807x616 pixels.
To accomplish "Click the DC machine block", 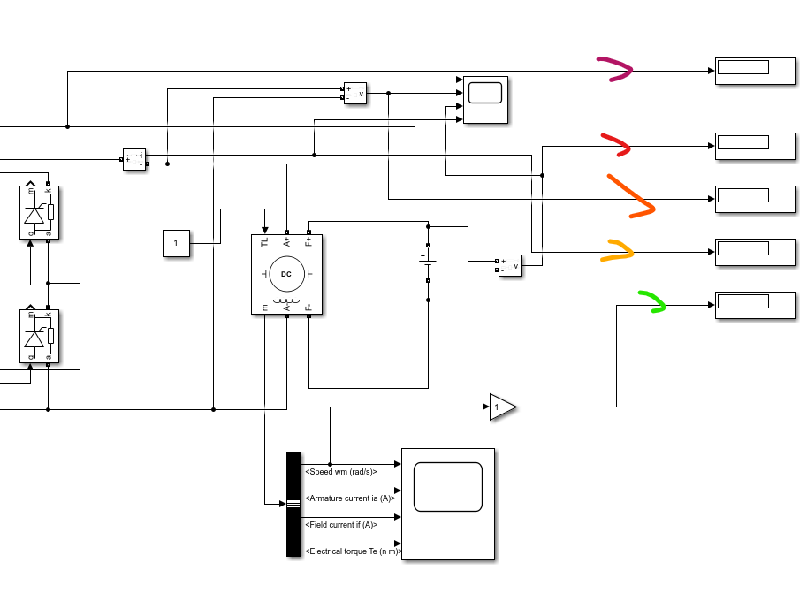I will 286,274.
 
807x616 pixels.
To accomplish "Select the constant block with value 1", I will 176,243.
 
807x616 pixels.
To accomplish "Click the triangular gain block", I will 501,407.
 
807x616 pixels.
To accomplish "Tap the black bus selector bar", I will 293,504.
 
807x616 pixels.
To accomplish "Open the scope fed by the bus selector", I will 447,504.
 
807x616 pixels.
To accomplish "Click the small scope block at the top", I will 485,99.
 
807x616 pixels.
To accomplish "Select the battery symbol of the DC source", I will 428,262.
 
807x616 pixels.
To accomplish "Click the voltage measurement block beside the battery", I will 510,265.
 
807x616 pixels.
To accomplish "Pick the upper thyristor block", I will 39,212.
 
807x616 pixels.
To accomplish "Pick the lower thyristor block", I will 39,337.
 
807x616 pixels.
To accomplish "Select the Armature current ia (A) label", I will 350,498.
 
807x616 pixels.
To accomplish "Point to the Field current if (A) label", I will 341,525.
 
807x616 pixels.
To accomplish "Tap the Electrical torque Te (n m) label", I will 353,551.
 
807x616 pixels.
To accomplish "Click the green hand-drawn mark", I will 652,301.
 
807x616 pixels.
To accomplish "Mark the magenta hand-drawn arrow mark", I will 617,70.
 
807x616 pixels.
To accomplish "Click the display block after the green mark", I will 755,305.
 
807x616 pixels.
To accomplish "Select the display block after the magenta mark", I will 755,71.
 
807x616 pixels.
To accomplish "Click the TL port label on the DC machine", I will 264,241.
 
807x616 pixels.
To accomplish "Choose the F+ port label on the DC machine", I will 308,240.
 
